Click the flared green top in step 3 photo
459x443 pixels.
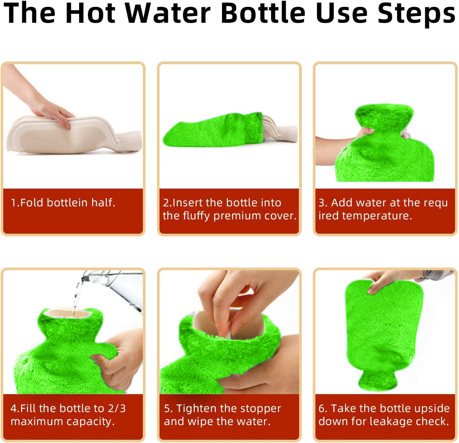point(384,116)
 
